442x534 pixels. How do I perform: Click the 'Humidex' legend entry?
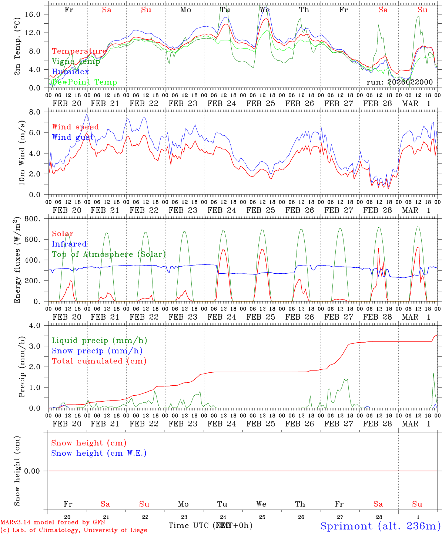[70, 72]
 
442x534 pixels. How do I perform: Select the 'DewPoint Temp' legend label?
[84, 82]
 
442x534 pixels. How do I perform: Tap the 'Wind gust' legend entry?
[73, 137]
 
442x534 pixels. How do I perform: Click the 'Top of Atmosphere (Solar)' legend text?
[109, 254]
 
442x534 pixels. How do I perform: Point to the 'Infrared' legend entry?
[69, 244]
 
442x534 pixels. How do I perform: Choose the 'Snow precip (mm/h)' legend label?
[97, 351]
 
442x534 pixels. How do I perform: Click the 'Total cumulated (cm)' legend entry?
[99, 361]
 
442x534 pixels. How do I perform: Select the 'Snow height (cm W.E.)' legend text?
[99, 453]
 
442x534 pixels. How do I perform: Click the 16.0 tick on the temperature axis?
[38, 14]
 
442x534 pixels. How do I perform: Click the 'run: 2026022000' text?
[399, 82]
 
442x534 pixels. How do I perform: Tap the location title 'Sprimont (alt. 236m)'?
[380, 526]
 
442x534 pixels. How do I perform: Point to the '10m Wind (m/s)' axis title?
[22, 153]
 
